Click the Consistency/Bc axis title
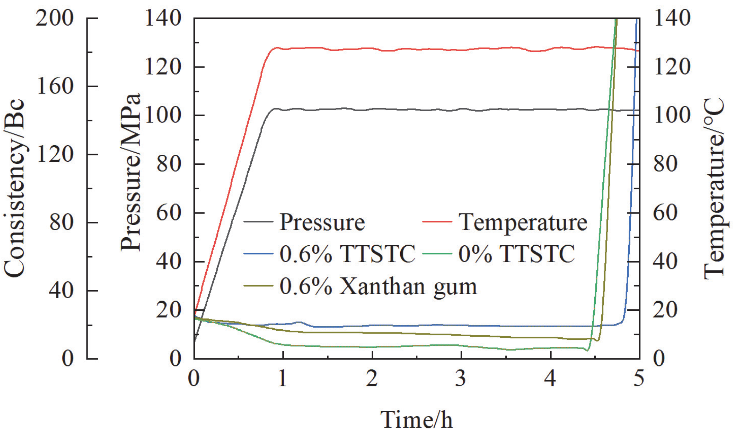click(x=15, y=189)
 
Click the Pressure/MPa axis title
click(x=130, y=172)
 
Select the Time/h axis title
click(x=416, y=420)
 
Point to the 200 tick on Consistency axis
click(x=55, y=18)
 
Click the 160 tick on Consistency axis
click(x=55, y=86)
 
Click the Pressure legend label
click(x=322, y=222)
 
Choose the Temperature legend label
click(x=523, y=222)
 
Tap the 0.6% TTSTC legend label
click(x=347, y=254)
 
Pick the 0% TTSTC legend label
click(x=517, y=254)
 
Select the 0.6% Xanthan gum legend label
click(x=378, y=286)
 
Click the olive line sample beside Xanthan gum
click(x=258, y=286)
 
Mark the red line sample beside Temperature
click(x=437, y=222)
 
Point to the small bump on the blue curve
click(x=299, y=322)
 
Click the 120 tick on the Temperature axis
click(x=672, y=66)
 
